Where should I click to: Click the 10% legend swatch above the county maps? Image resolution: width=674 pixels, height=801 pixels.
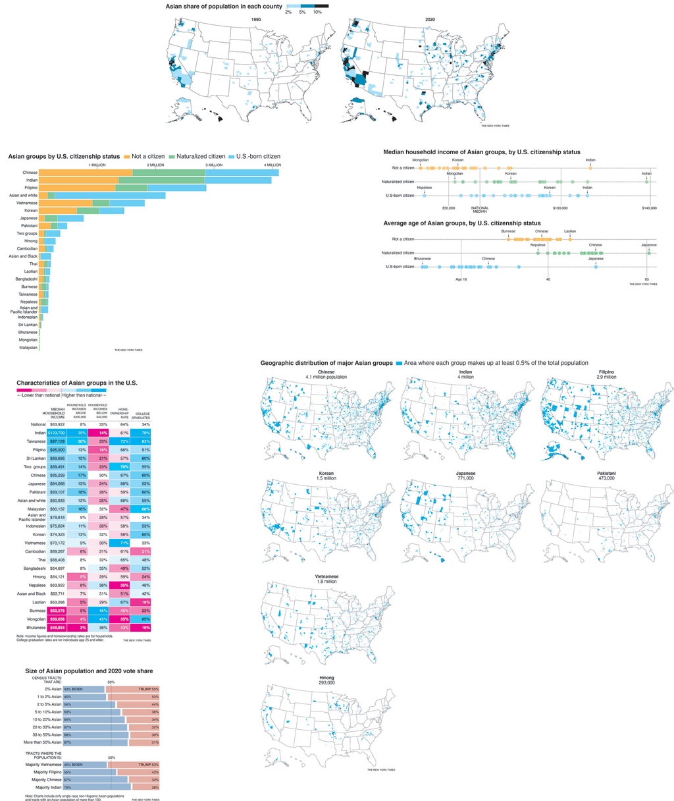(321, 6)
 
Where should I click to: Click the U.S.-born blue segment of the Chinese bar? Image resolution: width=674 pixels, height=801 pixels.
(241, 173)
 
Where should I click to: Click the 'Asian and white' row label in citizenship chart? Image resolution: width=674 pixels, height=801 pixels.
(23, 196)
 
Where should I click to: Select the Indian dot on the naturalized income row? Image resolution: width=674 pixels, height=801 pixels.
(648, 181)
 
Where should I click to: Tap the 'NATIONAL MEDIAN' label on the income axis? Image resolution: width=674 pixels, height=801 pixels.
(480, 209)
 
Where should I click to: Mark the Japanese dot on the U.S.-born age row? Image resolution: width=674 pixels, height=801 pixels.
(596, 267)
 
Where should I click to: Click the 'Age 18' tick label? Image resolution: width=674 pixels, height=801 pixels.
(461, 279)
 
